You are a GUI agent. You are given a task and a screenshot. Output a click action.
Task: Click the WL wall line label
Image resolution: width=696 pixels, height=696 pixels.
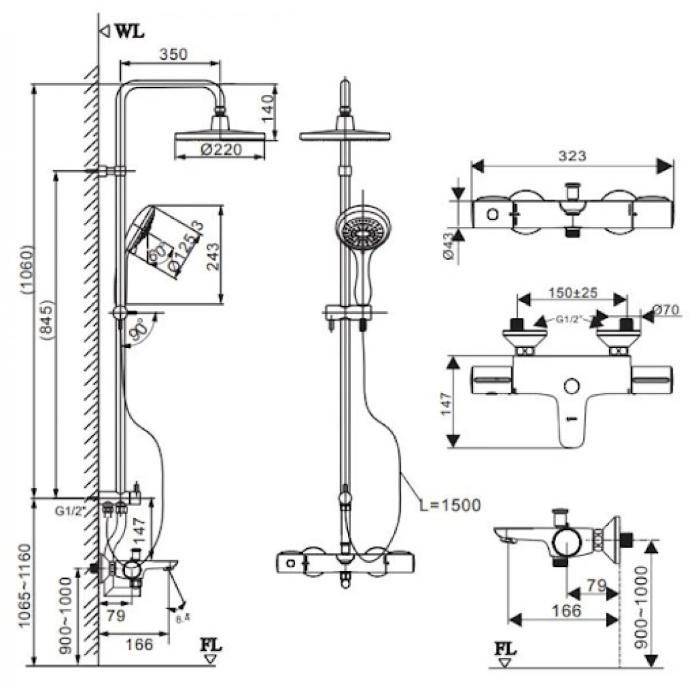tap(129, 31)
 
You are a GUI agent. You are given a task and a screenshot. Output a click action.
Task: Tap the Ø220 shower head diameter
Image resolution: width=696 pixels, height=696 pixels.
tap(220, 151)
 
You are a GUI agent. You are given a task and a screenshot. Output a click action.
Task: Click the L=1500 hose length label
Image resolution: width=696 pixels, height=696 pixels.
tap(450, 505)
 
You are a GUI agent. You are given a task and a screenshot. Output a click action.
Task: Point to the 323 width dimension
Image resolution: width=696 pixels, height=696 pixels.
tap(572, 156)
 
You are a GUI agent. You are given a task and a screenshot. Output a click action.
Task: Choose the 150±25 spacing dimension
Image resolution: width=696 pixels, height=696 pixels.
tap(572, 294)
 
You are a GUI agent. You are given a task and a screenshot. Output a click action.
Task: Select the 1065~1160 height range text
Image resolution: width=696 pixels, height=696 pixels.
tap(24, 585)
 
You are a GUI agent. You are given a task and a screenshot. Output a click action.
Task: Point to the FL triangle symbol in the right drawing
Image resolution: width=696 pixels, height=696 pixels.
tap(505, 664)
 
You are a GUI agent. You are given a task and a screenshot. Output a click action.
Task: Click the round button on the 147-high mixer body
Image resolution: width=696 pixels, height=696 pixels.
tap(572, 387)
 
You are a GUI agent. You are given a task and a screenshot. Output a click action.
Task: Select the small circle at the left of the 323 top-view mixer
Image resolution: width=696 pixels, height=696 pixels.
tap(493, 215)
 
